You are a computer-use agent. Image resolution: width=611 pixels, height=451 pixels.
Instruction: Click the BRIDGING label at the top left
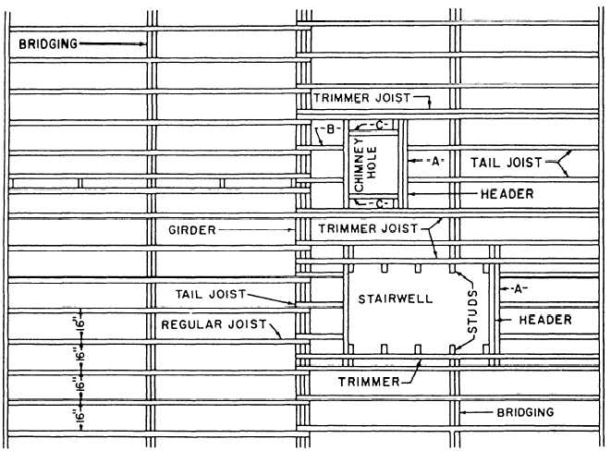pyautogui.click(x=48, y=43)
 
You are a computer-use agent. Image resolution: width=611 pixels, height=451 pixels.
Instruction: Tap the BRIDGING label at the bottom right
pyautogui.click(x=525, y=412)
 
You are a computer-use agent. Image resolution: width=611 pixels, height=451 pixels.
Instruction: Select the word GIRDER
pyautogui.click(x=192, y=230)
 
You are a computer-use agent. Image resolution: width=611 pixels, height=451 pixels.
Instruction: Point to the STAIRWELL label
pyautogui.click(x=396, y=299)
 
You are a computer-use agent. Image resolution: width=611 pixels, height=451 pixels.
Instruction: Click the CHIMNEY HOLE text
pyautogui.click(x=366, y=165)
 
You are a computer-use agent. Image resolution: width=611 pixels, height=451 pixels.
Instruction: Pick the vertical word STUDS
pyautogui.click(x=472, y=311)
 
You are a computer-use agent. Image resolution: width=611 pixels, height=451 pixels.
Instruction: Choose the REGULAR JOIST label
pyautogui.click(x=214, y=324)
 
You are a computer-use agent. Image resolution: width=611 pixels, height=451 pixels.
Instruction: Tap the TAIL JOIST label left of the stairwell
pyautogui.click(x=211, y=294)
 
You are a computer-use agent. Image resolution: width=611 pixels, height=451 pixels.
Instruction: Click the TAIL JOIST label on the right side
pyautogui.click(x=507, y=163)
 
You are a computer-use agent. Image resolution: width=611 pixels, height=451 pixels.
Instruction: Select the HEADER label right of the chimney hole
pyautogui.click(x=507, y=194)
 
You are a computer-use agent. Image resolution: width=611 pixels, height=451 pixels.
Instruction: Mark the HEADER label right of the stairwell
pyautogui.click(x=545, y=320)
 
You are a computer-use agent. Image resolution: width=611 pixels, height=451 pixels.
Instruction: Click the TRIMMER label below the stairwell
pyautogui.click(x=369, y=382)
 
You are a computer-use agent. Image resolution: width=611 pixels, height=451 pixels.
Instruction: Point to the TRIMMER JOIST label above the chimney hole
pyautogui.click(x=362, y=97)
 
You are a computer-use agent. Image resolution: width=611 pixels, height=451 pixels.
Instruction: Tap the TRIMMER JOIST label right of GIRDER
pyautogui.click(x=368, y=228)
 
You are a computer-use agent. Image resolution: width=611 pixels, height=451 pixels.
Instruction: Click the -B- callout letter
pyautogui.click(x=330, y=128)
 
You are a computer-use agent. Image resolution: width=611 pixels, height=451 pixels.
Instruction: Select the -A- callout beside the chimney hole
pyautogui.click(x=435, y=161)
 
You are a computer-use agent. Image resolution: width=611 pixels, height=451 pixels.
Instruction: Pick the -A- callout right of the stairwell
pyautogui.click(x=518, y=288)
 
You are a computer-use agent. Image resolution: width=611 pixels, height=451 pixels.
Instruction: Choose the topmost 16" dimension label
pyautogui.click(x=79, y=324)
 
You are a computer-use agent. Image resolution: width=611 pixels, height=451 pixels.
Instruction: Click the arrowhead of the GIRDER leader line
pyautogui.click(x=293, y=230)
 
